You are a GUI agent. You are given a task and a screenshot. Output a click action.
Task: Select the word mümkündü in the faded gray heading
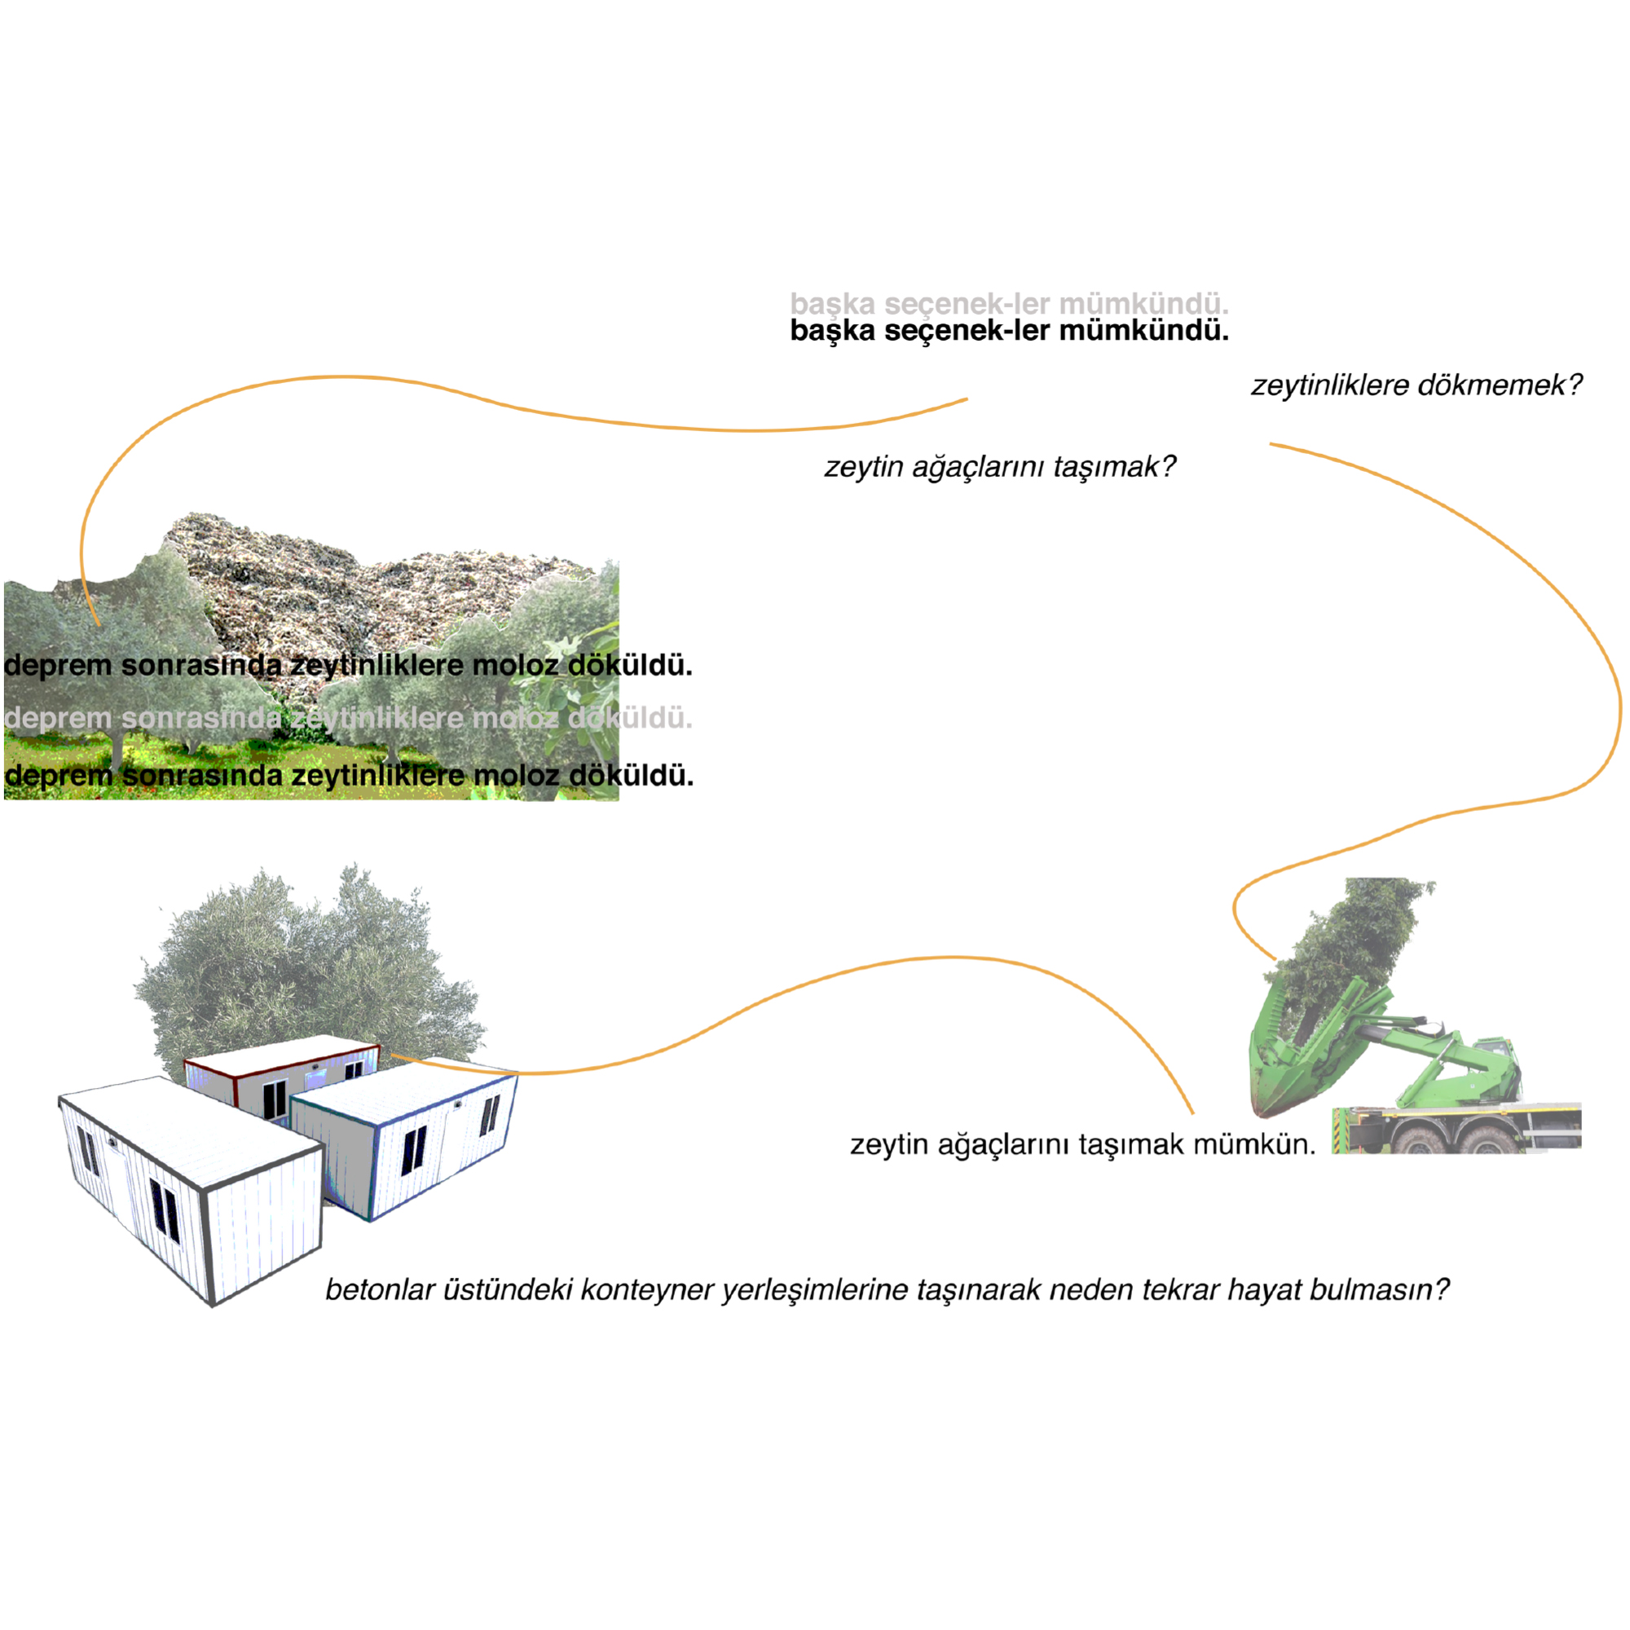1143,304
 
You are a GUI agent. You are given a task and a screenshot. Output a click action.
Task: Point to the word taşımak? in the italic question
1113,466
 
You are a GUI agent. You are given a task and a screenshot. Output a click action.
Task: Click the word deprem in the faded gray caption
58,719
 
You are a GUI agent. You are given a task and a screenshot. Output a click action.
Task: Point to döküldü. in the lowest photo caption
631,774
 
